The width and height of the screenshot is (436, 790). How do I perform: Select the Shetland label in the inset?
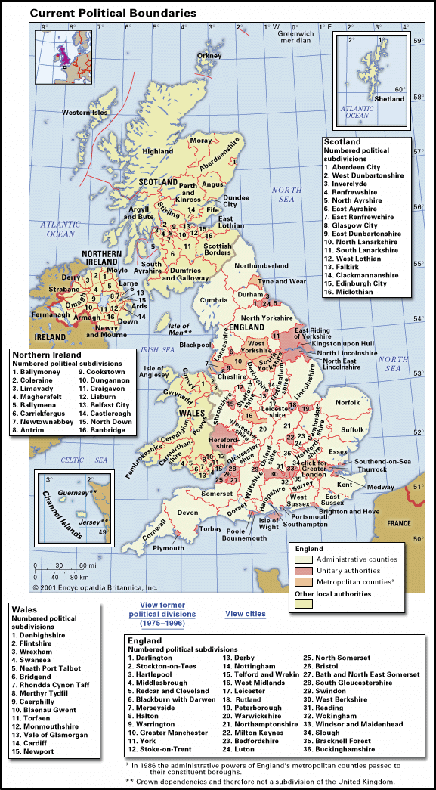(390, 99)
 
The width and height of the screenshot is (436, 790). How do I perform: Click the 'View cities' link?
(246, 614)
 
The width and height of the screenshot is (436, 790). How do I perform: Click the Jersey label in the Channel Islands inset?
(94, 522)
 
